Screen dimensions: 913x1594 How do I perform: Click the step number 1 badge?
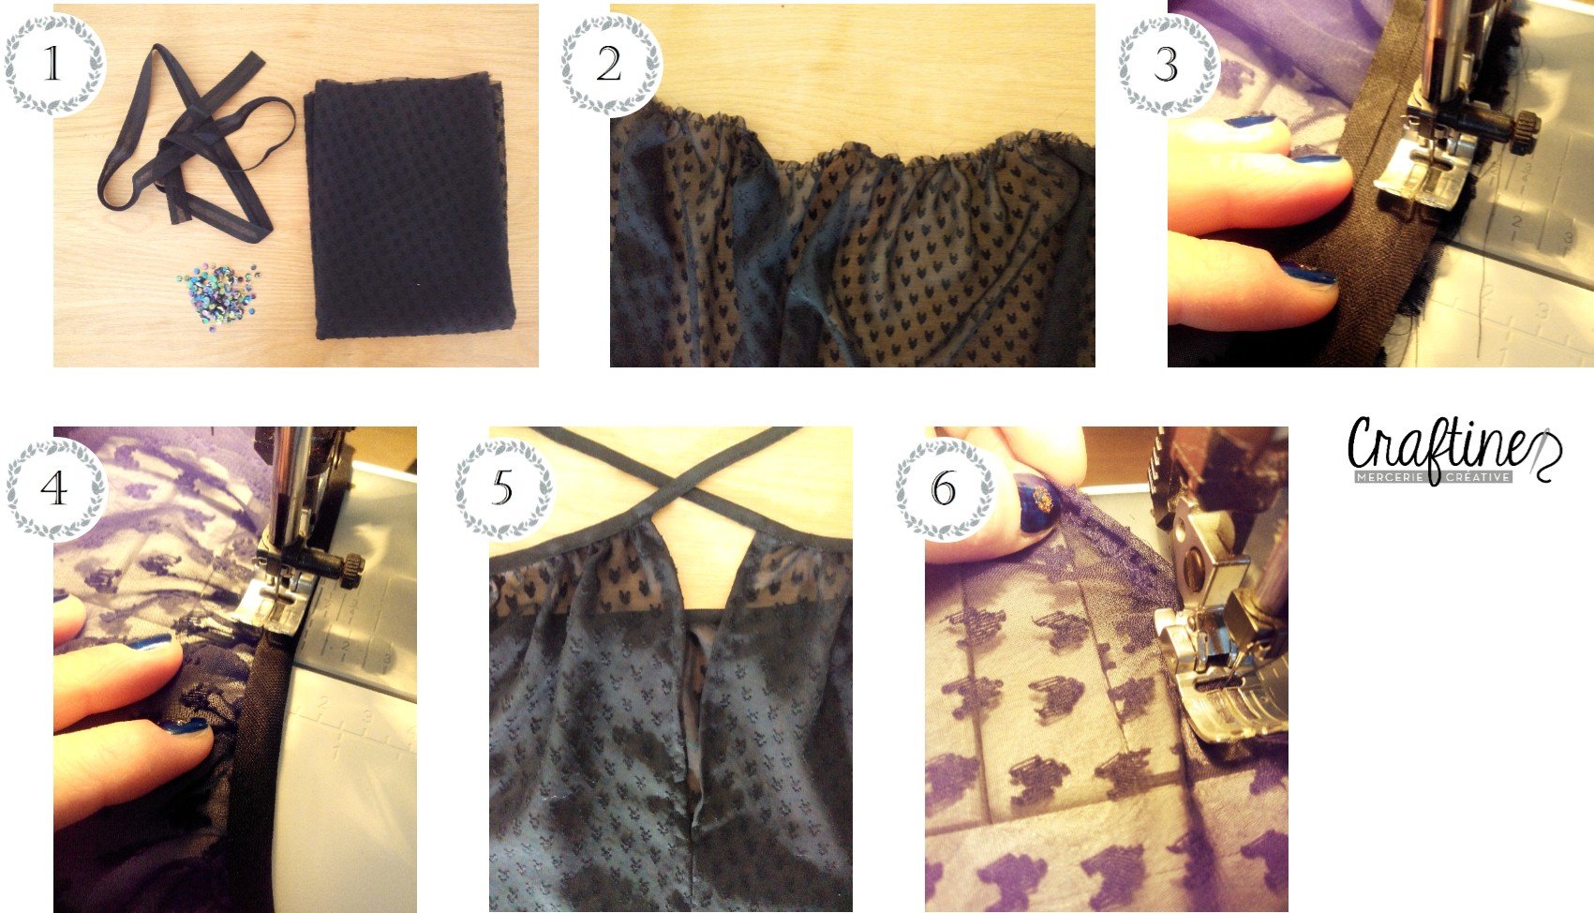point(53,65)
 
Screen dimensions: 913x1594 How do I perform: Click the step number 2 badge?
point(610,65)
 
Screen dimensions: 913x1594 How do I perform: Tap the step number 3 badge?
point(1167,65)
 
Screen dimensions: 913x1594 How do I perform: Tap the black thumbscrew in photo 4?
point(353,570)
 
